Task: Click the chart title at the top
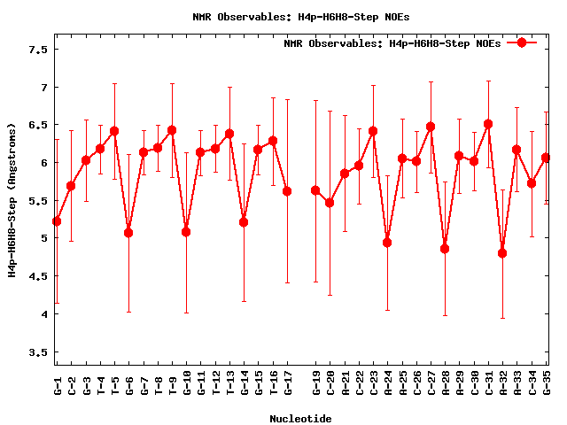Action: coord(301,17)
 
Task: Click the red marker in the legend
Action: coord(522,42)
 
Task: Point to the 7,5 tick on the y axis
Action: coord(37,50)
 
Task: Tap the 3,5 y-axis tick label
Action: coord(37,352)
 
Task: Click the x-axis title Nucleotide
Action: coord(301,419)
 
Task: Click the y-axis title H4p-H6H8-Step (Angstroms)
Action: coord(12,200)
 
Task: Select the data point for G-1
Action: coord(57,221)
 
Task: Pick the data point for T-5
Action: coord(114,131)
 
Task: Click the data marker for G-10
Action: coord(186,232)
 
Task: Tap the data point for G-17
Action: coord(287,191)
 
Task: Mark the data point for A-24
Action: coord(387,243)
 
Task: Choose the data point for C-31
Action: coord(488,124)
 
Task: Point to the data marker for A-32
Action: coord(502,253)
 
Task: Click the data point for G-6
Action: coord(128,233)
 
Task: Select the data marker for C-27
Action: coord(431,127)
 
